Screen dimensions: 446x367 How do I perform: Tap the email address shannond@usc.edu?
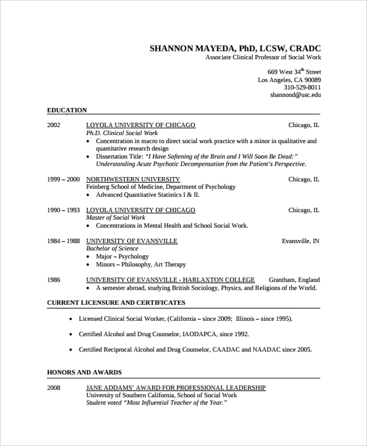tap(295, 95)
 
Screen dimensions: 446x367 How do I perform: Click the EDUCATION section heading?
tap(67, 111)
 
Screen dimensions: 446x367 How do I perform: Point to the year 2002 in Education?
tap(54, 125)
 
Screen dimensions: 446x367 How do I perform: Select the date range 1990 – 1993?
tap(64, 210)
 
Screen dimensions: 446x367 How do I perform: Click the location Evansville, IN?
tap(300, 241)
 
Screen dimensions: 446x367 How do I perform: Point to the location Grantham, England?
tap(294, 280)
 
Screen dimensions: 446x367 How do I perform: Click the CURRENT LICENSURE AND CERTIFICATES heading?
tap(116, 302)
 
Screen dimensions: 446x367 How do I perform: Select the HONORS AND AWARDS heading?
tap(84, 372)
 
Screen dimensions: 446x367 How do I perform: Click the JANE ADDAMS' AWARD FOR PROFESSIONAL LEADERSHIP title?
tap(176, 388)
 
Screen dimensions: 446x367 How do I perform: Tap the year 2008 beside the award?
tap(54, 388)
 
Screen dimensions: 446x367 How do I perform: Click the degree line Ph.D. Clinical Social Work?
tap(122, 133)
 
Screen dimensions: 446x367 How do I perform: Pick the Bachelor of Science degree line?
tap(112, 249)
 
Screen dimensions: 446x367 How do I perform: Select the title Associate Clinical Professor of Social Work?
tap(263, 57)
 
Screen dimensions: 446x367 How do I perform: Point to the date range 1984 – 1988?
tap(64, 241)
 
